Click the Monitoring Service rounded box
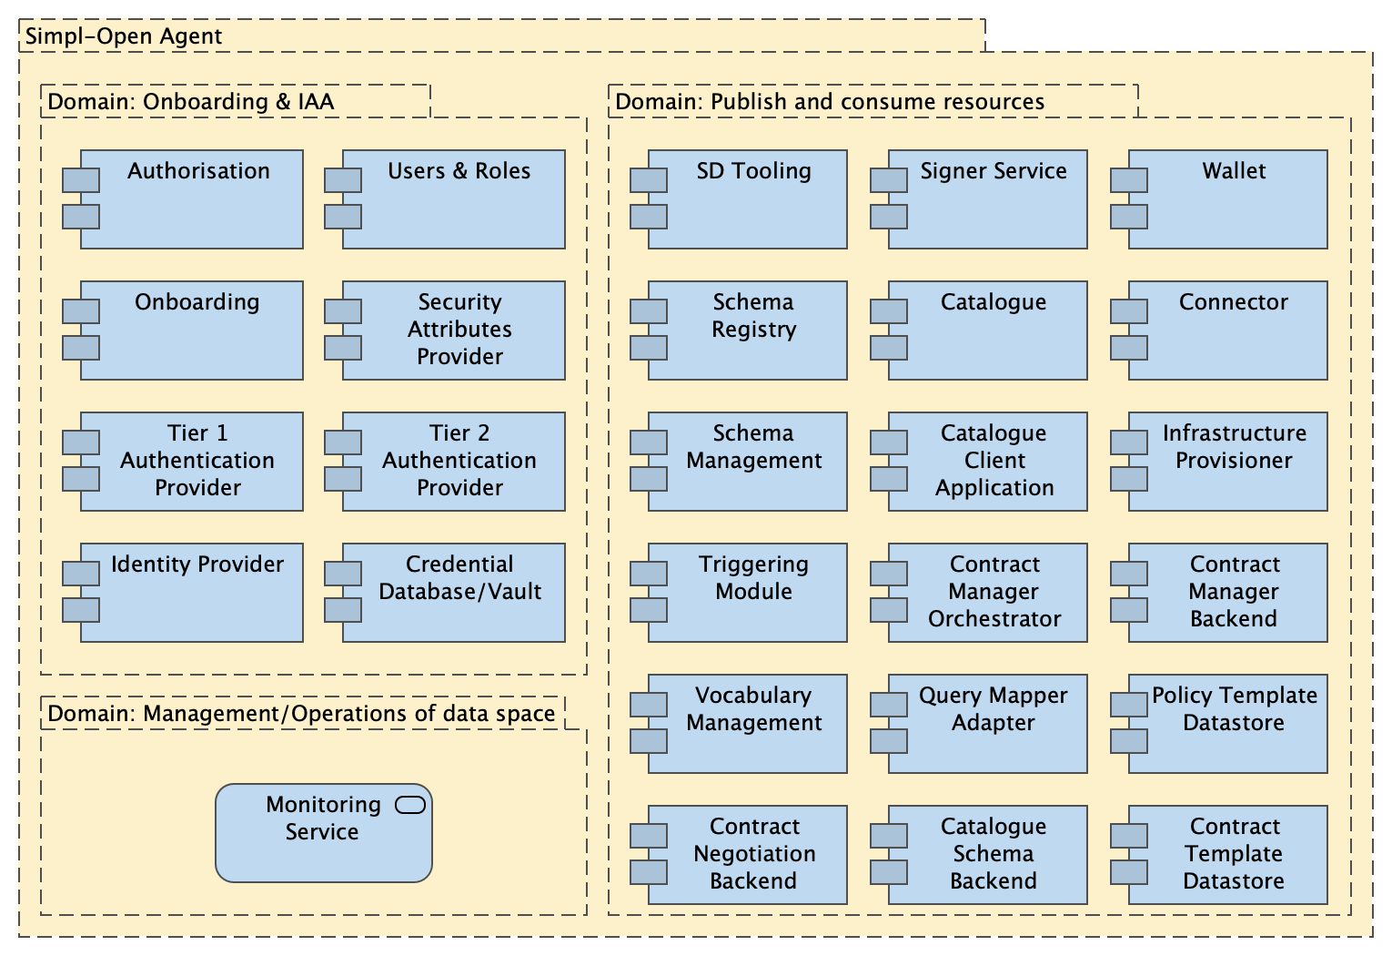coord(323,833)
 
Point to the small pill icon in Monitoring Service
coord(410,805)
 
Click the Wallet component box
coord(1227,199)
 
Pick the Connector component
coord(1227,331)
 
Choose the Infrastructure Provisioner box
coord(1227,462)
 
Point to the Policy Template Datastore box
coord(1227,724)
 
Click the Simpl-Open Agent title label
coord(124,36)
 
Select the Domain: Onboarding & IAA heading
coord(191,101)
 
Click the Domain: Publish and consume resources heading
coord(830,101)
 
